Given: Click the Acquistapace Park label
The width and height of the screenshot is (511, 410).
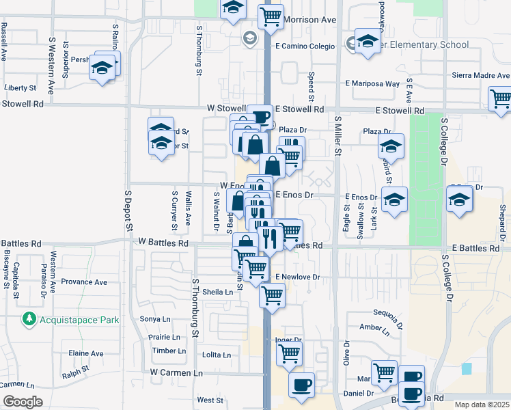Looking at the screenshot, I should pos(80,319).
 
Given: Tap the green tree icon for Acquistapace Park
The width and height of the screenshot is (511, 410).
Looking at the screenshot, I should pos(29,318).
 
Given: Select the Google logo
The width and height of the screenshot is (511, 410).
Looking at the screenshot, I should pos(23,402).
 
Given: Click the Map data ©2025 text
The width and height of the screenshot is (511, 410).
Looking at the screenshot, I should pos(482,405).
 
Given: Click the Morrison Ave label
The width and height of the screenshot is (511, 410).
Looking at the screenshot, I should pos(311,20).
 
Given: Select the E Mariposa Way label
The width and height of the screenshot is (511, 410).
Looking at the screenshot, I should pos(372,84).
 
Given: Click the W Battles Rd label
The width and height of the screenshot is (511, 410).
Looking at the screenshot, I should pos(163,243).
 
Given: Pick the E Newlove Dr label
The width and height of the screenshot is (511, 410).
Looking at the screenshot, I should pos(298,277).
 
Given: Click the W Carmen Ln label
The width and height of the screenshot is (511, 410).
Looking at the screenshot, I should pos(177,373).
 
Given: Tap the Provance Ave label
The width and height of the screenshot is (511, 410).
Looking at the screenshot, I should pos(84,282).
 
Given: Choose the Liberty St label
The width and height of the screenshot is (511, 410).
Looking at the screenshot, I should pos(20,88).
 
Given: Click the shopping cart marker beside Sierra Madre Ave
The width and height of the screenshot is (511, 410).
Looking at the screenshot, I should pos(501,98).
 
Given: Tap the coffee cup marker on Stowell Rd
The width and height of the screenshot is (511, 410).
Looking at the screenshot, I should pos(260,117).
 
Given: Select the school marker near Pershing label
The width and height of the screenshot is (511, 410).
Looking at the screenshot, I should pos(103,68).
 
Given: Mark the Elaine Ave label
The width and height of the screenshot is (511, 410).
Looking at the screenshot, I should pos(86,353).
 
